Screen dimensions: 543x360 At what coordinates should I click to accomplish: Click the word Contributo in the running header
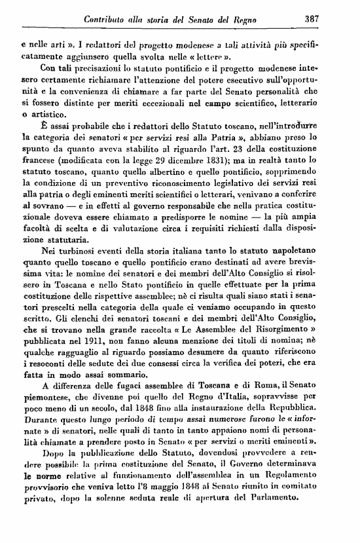[x=108, y=20]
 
